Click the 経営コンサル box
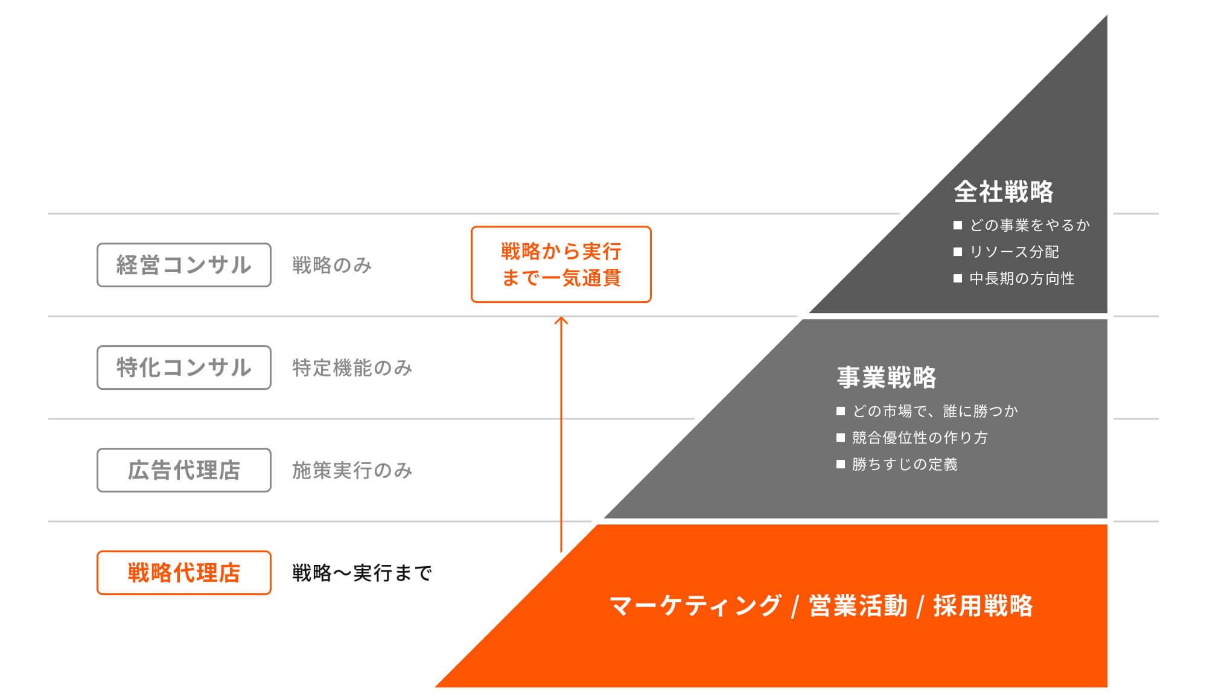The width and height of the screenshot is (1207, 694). (183, 265)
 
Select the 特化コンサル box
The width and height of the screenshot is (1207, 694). (183, 368)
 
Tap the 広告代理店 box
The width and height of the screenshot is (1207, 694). (183, 470)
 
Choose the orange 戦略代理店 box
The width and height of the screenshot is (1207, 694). (183, 573)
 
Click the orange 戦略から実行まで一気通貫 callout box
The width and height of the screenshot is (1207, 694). (561, 264)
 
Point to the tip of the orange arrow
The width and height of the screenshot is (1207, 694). (561, 318)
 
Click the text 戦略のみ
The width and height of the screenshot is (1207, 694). (332, 265)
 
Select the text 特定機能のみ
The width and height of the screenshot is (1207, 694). (352, 368)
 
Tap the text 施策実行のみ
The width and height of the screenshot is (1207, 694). (352, 470)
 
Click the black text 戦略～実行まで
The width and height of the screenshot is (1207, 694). (362, 573)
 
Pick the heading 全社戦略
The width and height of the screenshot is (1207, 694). (1004, 192)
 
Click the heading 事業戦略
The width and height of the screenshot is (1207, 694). (887, 378)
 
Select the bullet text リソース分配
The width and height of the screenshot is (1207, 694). (1014, 252)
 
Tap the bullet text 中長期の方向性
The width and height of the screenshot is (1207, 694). (1022, 278)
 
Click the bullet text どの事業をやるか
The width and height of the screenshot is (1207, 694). (1030, 225)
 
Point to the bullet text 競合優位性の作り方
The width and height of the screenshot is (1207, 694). (920, 438)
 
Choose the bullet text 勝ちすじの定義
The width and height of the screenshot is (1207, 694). (905, 464)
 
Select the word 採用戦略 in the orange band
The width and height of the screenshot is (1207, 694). (983, 606)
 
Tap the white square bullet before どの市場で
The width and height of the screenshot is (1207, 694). (841, 411)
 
